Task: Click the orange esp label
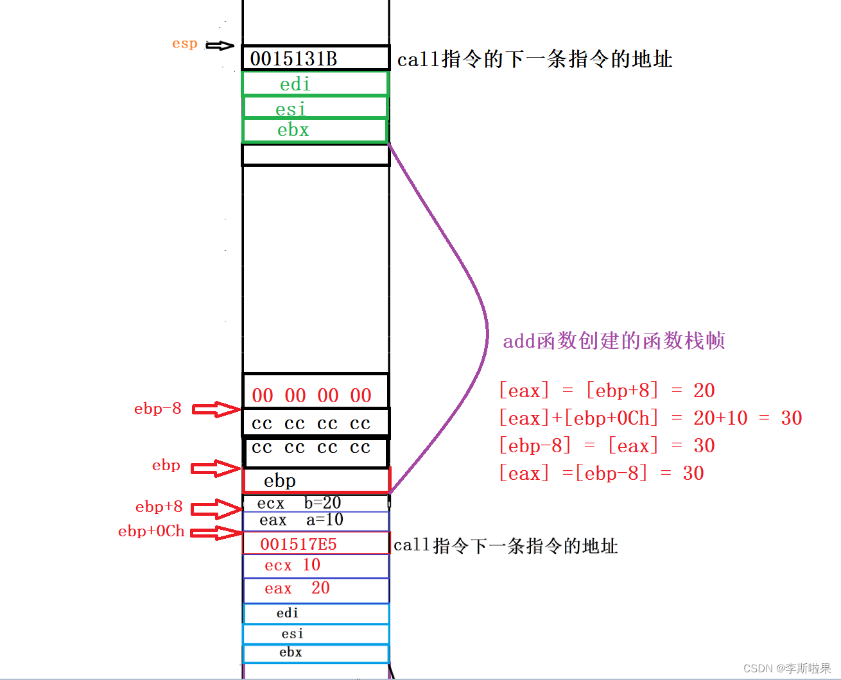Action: click(184, 44)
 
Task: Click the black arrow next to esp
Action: click(220, 46)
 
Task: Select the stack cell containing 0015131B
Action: click(315, 58)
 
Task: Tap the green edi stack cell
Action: click(315, 84)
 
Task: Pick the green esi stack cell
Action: click(315, 108)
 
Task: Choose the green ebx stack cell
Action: click(315, 130)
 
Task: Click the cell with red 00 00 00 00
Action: click(315, 392)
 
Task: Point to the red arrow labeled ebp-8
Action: click(216, 409)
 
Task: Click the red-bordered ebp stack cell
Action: click(315, 480)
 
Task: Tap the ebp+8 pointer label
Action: click(159, 507)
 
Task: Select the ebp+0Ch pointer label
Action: click(152, 531)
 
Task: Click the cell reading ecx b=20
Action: click(315, 503)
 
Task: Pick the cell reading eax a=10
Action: click(315, 520)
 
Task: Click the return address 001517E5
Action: click(315, 544)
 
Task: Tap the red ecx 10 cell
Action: click(315, 566)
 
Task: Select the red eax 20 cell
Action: click(315, 589)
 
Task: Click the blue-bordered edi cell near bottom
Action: click(315, 613)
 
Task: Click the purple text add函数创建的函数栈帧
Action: click(614, 341)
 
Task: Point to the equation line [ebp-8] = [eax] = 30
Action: click(607, 446)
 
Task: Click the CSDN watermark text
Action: click(787, 668)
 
